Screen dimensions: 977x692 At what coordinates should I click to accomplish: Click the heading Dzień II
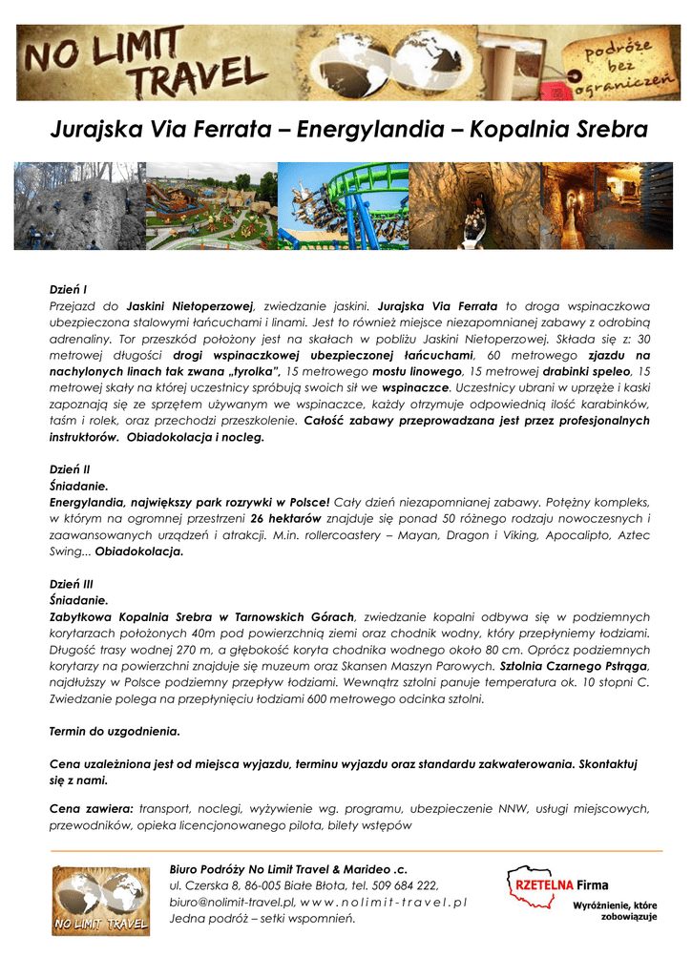pyautogui.click(x=70, y=469)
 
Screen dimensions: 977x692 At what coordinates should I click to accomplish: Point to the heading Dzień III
pyautogui.click(x=72, y=584)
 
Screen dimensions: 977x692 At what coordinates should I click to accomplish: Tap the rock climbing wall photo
pyautogui.click(x=79, y=205)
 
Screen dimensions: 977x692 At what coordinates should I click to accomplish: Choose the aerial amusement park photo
pyautogui.click(x=211, y=205)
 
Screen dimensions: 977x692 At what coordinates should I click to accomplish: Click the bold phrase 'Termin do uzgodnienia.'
pyautogui.click(x=115, y=732)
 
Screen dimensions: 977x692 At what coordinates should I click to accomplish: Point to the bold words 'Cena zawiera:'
pyautogui.click(x=91, y=808)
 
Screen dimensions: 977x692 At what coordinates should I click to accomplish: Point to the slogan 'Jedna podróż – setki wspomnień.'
pyautogui.click(x=262, y=918)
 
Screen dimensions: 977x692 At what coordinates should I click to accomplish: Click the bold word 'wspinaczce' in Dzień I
pyautogui.click(x=415, y=388)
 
